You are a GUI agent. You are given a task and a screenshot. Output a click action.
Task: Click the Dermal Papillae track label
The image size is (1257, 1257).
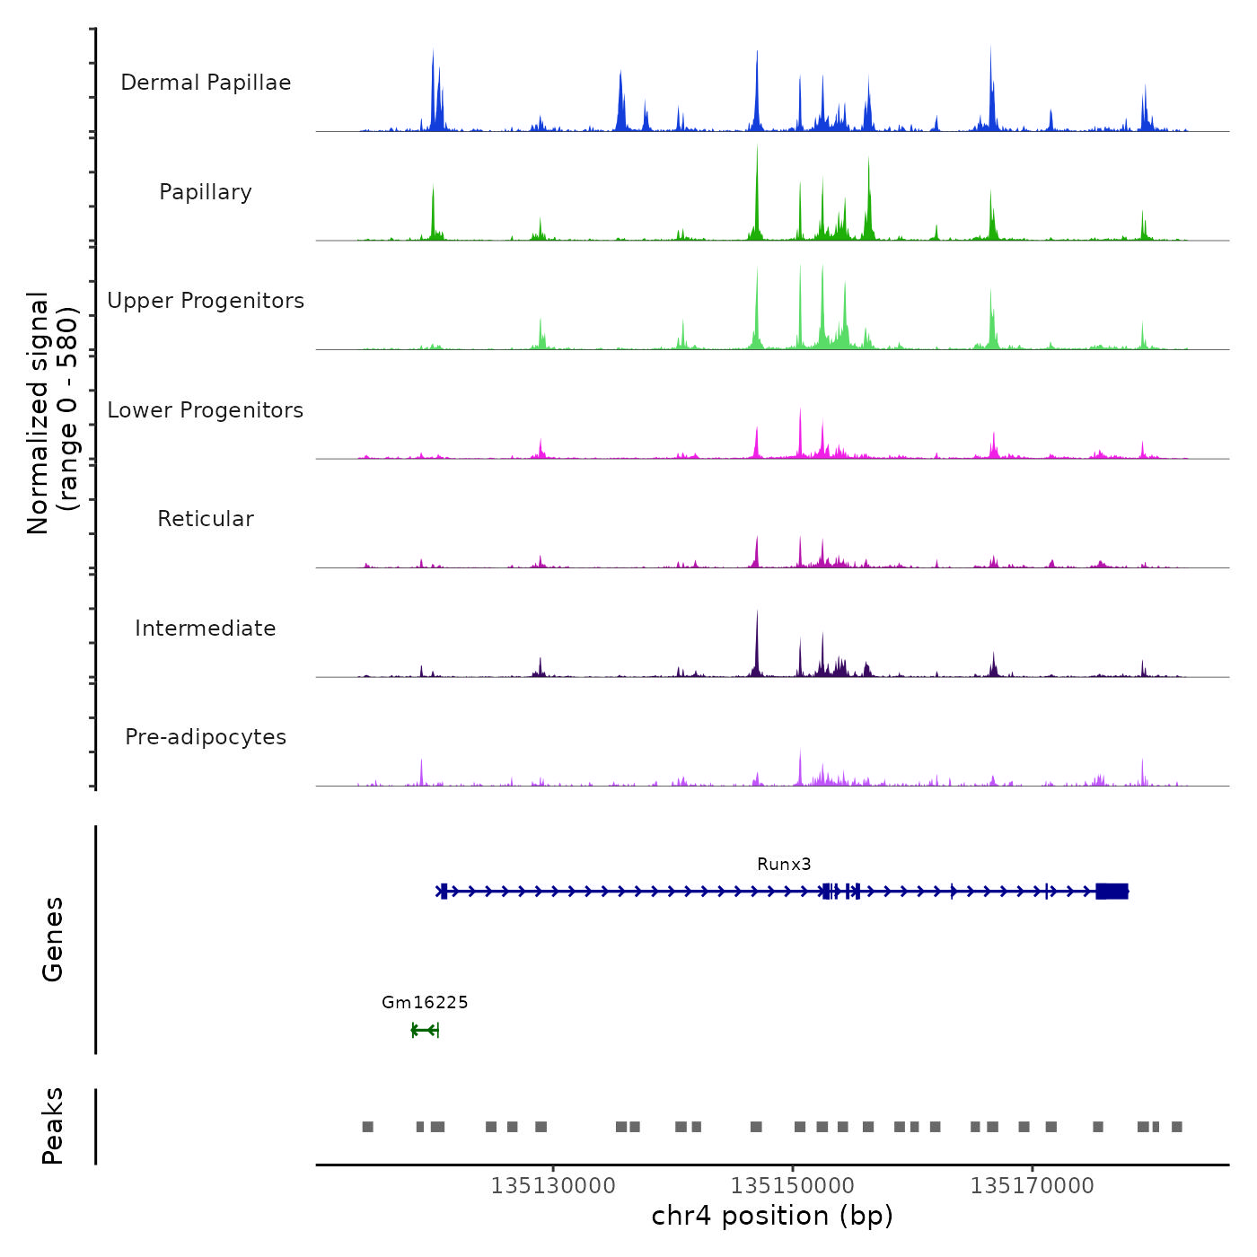tap(206, 83)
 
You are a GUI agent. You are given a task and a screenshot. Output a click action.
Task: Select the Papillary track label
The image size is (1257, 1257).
tap(206, 192)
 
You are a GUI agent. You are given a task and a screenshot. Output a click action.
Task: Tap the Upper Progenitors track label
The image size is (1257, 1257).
tap(206, 301)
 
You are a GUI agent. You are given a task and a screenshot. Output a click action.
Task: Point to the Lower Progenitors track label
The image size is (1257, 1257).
tap(206, 410)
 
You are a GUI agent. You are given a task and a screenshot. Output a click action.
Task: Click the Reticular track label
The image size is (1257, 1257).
tap(206, 519)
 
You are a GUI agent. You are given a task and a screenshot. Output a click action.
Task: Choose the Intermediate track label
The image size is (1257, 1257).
tap(206, 628)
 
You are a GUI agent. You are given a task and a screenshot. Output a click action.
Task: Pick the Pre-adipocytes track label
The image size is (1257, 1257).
tap(206, 737)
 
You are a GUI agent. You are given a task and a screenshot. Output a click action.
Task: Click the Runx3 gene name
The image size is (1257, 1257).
tap(784, 864)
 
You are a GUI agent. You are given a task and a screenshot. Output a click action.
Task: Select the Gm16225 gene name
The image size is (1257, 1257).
tap(425, 1002)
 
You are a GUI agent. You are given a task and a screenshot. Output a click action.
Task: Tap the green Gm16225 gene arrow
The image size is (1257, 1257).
tap(425, 1030)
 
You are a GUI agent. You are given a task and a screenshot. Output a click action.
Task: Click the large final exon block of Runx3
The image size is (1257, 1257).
tap(1112, 891)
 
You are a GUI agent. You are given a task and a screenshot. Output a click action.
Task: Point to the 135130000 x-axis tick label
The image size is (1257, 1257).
tap(553, 1186)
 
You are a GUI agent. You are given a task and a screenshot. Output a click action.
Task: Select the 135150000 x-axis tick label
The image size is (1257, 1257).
tap(793, 1186)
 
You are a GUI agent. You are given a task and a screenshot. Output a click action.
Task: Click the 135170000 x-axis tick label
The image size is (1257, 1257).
tap(1033, 1186)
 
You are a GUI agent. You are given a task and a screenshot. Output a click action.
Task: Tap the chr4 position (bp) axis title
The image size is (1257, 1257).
tap(772, 1217)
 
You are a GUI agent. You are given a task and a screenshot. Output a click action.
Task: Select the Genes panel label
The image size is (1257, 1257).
tap(53, 939)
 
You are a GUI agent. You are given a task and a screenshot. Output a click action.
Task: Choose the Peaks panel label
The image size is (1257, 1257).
tap(53, 1126)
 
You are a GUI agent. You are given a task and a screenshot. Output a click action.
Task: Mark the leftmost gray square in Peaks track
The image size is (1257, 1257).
tap(367, 1127)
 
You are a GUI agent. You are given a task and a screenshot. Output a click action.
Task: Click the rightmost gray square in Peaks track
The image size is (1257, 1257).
tap(1177, 1127)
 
